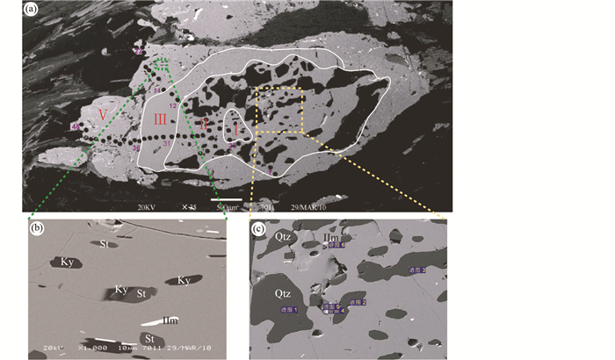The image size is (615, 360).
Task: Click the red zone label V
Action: tap(104, 115)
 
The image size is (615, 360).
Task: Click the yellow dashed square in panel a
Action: tap(279, 110)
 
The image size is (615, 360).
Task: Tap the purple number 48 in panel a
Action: tap(75, 127)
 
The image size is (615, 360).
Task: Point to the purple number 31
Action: tap(165, 144)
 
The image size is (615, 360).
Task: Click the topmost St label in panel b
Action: tap(108, 243)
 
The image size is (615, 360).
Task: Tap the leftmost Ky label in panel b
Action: tap(67, 262)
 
